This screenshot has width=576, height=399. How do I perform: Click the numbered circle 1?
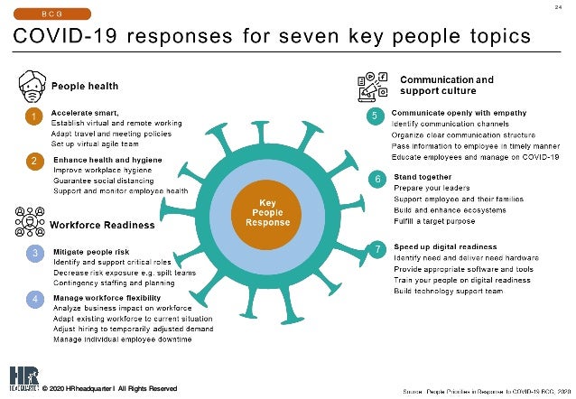coord(33,117)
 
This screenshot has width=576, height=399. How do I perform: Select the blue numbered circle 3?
coord(33,254)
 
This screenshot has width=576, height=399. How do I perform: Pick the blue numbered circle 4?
coord(33,300)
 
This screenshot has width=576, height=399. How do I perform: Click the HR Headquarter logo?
coord(21,378)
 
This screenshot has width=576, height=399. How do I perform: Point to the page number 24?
coord(557,9)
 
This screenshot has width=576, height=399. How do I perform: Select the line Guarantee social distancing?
coord(104,180)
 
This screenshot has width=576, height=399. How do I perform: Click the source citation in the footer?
coord(482,390)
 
